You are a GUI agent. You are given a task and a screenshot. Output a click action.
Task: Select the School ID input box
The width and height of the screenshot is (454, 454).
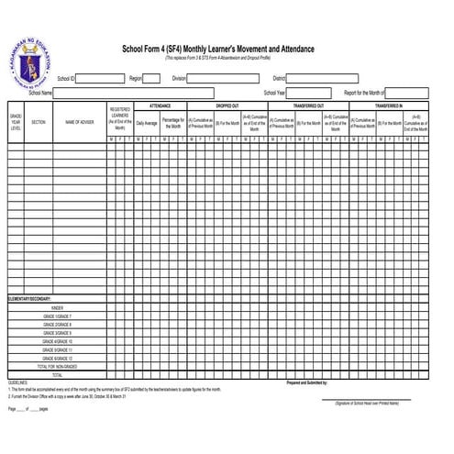coord(101,79)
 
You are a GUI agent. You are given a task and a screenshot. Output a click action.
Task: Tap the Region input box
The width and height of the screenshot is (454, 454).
coord(151,79)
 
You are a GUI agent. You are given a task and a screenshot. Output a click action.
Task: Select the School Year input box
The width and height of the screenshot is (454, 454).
coord(306,93)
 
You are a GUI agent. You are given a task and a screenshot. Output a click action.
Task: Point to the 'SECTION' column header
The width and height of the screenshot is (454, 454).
coord(39,121)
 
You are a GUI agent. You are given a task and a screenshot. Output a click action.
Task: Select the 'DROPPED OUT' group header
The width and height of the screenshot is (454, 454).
coord(227,106)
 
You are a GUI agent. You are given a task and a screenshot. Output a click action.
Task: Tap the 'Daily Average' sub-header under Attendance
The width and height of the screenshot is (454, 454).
coord(147,121)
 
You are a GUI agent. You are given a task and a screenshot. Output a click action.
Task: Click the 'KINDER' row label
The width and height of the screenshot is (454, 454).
coord(57,308)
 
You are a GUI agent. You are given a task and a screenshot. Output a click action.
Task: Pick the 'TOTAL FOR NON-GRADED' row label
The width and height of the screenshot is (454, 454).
coord(57,366)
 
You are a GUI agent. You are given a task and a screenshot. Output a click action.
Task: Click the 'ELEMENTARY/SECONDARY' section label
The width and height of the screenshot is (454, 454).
coord(29,299)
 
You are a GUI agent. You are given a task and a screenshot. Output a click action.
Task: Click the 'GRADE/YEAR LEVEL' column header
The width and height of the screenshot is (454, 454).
coord(16,121)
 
